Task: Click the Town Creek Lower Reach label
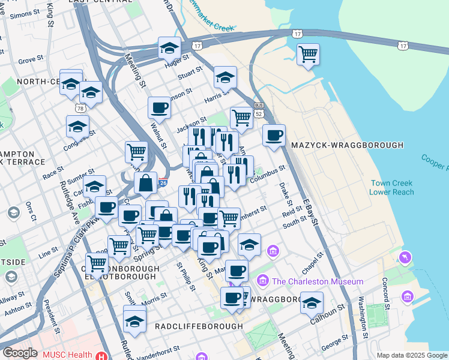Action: (x=392, y=187)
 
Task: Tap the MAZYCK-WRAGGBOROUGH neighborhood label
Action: (x=346, y=145)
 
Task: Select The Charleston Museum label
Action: (x=318, y=281)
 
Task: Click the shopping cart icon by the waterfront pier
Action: (x=308, y=55)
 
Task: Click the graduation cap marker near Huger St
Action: (x=170, y=47)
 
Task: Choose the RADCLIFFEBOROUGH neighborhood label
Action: (x=199, y=326)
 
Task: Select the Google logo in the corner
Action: (x=20, y=352)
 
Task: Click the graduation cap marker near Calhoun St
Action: (x=312, y=302)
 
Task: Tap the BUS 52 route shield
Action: (x=259, y=109)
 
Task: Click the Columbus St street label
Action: (x=267, y=175)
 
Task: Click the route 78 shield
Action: (x=80, y=108)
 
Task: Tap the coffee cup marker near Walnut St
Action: (x=160, y=108)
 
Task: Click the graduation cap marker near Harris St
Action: (x=226, y=77)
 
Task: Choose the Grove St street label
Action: (x=28, y=61)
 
